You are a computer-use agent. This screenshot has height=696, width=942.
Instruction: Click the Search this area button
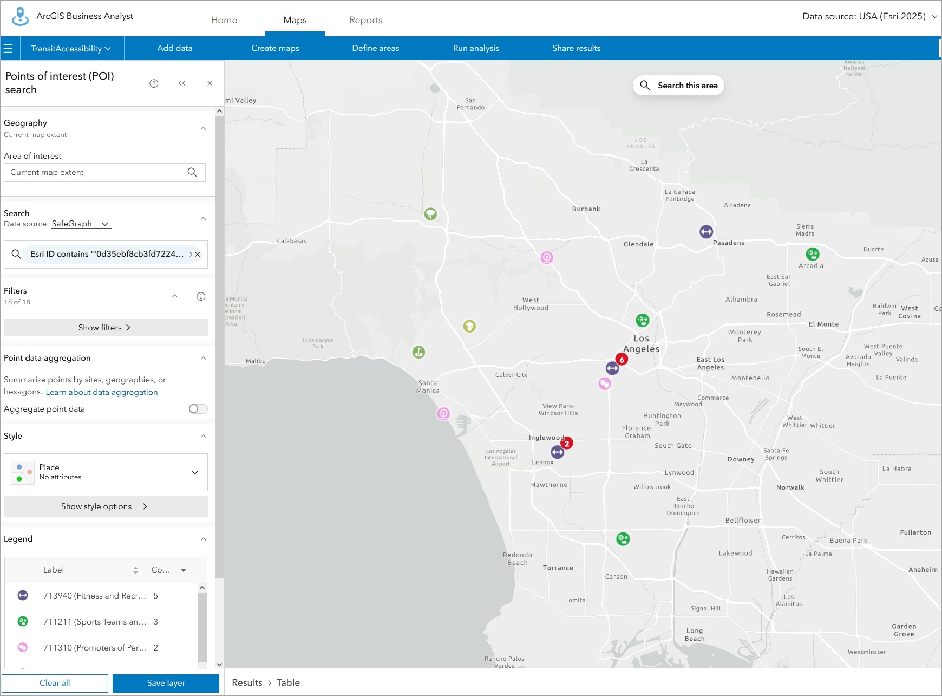[678, 86]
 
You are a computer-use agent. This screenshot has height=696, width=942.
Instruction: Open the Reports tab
[365, 20]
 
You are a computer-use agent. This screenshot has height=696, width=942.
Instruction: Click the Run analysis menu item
[476, 48]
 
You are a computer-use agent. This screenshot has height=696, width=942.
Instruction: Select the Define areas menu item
[375, 48]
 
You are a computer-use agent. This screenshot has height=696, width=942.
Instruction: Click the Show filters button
[106, 328]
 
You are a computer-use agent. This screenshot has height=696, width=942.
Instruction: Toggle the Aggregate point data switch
[198, 409]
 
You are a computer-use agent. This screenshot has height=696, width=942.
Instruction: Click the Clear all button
[55, 683]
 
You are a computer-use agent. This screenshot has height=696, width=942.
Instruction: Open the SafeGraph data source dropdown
[81, 224]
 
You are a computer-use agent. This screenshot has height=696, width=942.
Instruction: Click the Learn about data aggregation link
[102, 392]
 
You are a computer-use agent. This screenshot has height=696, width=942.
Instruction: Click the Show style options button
[106, 506]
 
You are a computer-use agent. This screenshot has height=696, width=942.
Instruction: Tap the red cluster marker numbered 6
[622, 359]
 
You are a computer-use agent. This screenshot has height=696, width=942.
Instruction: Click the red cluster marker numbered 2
[567, 443]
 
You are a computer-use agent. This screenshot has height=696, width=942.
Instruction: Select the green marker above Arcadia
[812, 253]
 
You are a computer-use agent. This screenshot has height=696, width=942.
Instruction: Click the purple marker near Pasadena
[706, 232]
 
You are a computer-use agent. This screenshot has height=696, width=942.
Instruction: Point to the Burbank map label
[586, 209]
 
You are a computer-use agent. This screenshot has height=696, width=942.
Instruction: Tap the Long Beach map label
[695, 634]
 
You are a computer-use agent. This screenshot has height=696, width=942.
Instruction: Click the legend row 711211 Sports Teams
[95, 622]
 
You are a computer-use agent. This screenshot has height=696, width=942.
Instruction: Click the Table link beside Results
[288, 682]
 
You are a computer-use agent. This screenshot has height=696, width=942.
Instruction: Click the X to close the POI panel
[210, 83]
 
